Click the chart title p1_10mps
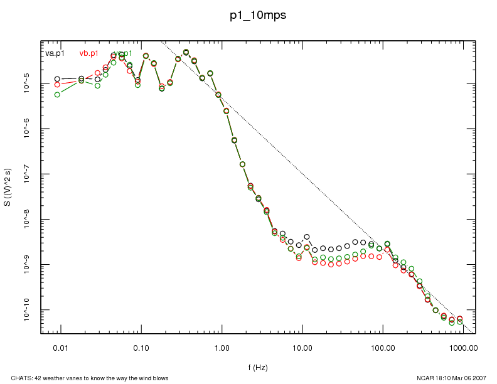point(258,16)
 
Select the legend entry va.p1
point(55,53)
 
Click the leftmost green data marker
point(57,95)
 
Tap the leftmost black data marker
point(57,79)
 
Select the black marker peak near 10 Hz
point(307,237)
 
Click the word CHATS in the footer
point(13,378)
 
